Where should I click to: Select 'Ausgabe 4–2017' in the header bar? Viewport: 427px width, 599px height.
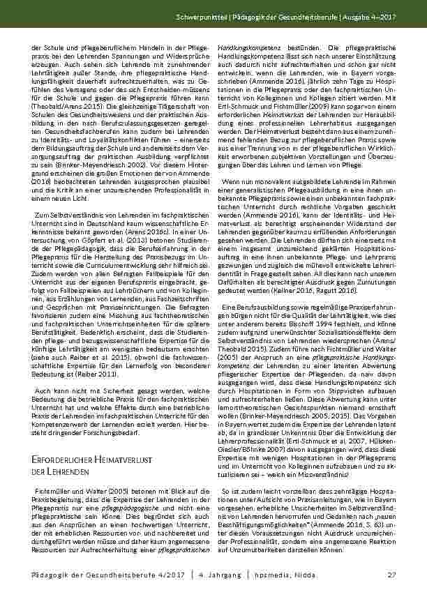click(371, 15)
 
